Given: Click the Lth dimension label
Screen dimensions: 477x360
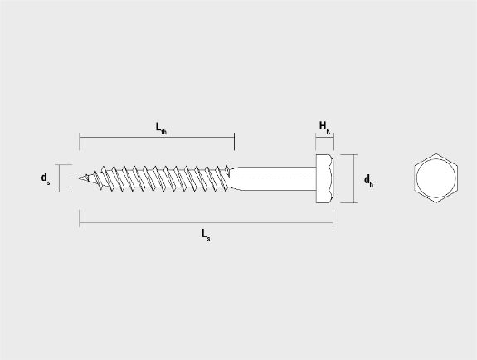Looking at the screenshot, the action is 161,128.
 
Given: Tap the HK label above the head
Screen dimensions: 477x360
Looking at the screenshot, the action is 324,127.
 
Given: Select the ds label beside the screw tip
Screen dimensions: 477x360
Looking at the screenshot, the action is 46,178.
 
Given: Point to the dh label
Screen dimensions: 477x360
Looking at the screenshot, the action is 368,181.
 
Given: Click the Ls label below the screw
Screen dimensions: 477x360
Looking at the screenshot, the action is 206,235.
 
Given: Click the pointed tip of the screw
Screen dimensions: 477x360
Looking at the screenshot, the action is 78,178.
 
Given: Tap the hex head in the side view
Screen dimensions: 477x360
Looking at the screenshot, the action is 325,178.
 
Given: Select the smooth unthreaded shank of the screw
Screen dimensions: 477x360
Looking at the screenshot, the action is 273,178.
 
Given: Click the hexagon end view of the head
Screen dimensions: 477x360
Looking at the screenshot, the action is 436,178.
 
